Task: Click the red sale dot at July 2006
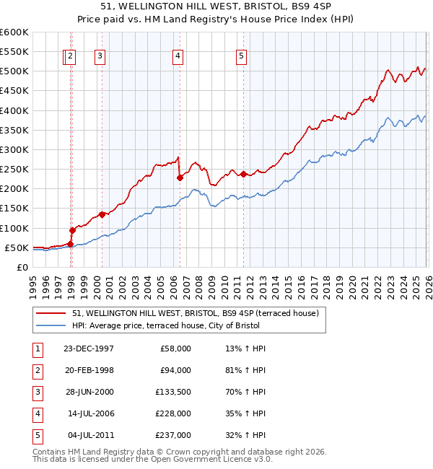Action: click(x=180, y=177)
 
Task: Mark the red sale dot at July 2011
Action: click(x=244, y=174)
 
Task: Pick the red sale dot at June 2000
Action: click(x=102, y=214)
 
